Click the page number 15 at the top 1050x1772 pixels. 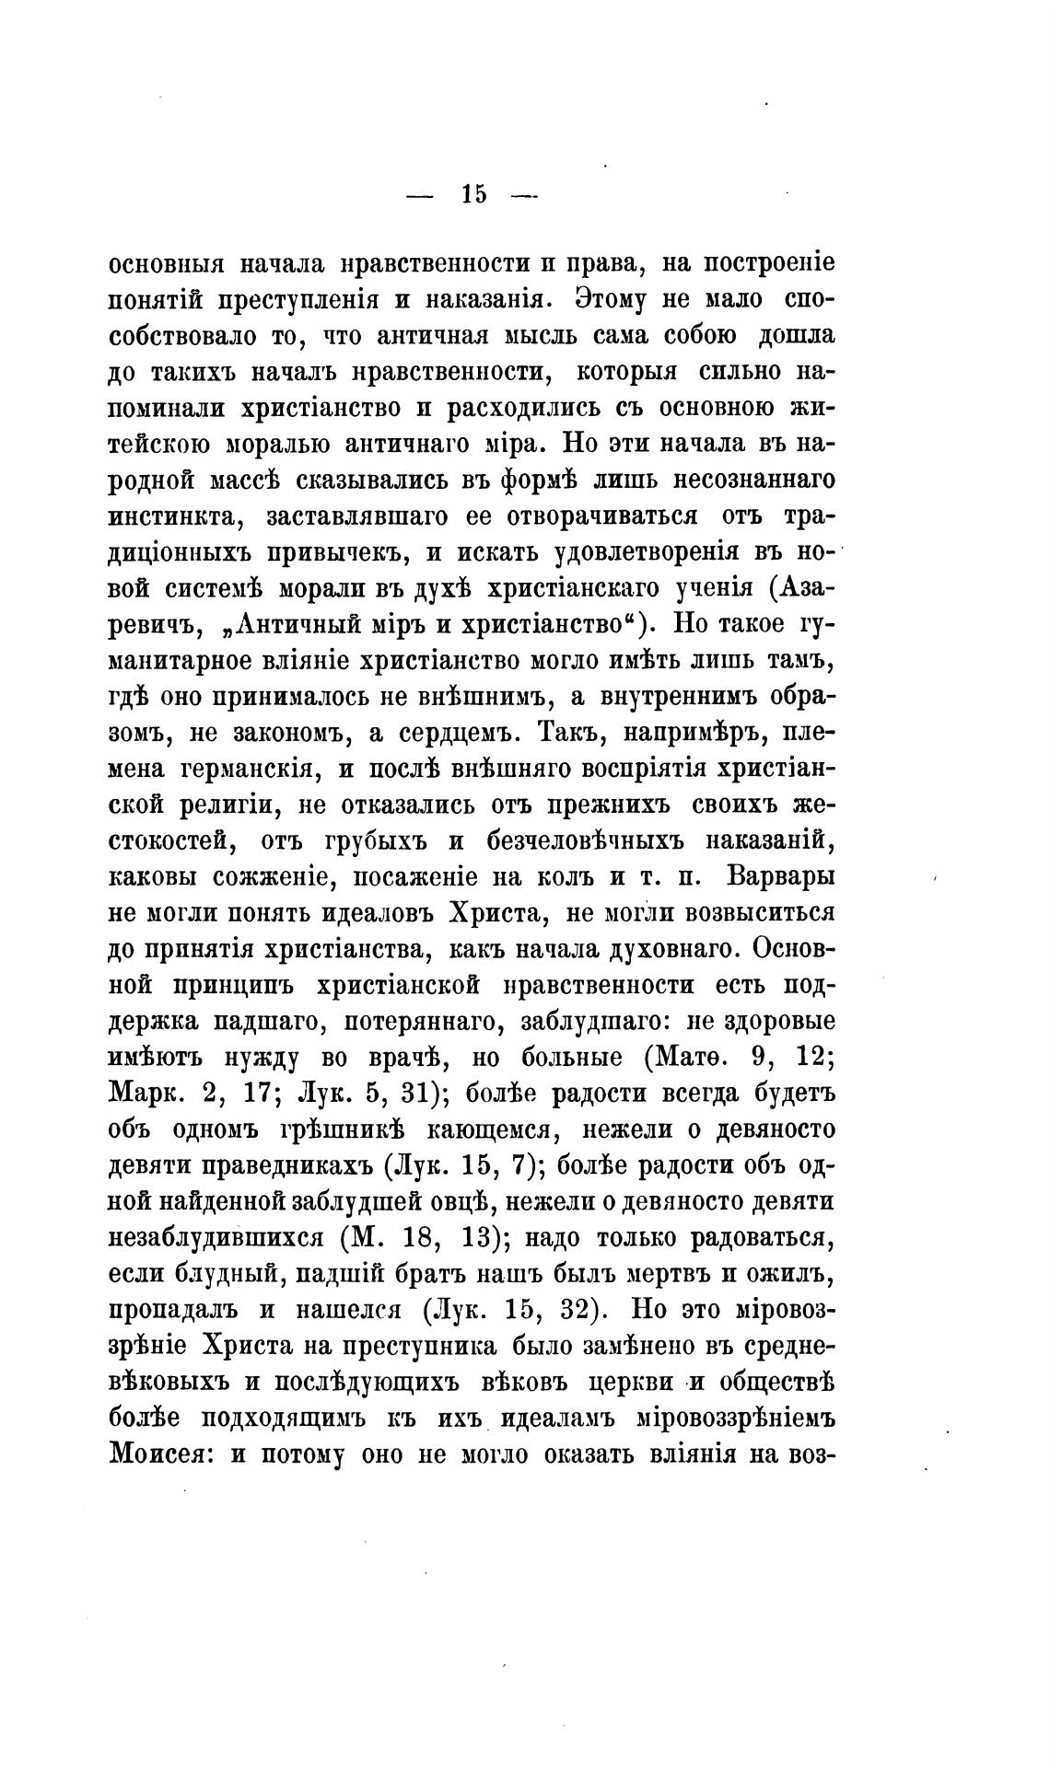coord(474,194)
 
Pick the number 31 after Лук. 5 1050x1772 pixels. coord(416,1094)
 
